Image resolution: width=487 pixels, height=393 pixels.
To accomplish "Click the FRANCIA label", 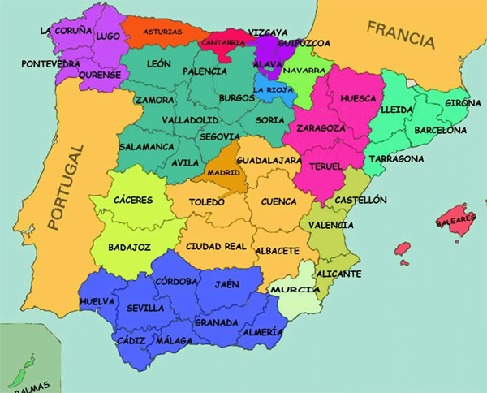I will [401, 33].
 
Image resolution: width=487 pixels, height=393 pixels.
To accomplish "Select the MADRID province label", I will [224, 172].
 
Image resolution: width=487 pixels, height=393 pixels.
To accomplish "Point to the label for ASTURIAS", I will [163, 32].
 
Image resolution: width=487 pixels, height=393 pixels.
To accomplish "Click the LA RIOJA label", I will [273, 89].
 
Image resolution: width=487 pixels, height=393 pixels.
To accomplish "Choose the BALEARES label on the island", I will [455, 220].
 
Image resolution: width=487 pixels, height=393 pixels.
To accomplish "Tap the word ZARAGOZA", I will [321, 127].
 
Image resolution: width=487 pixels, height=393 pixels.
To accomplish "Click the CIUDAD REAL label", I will [216, 245].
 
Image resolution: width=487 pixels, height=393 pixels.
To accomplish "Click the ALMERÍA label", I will [262, 332].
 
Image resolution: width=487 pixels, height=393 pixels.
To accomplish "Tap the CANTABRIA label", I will [222, 41].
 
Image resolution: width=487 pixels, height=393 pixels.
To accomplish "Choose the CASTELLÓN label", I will [360, 200].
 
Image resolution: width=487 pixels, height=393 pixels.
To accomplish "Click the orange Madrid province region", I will [229, 183].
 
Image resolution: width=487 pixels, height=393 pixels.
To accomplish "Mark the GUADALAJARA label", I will [269, 161].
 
